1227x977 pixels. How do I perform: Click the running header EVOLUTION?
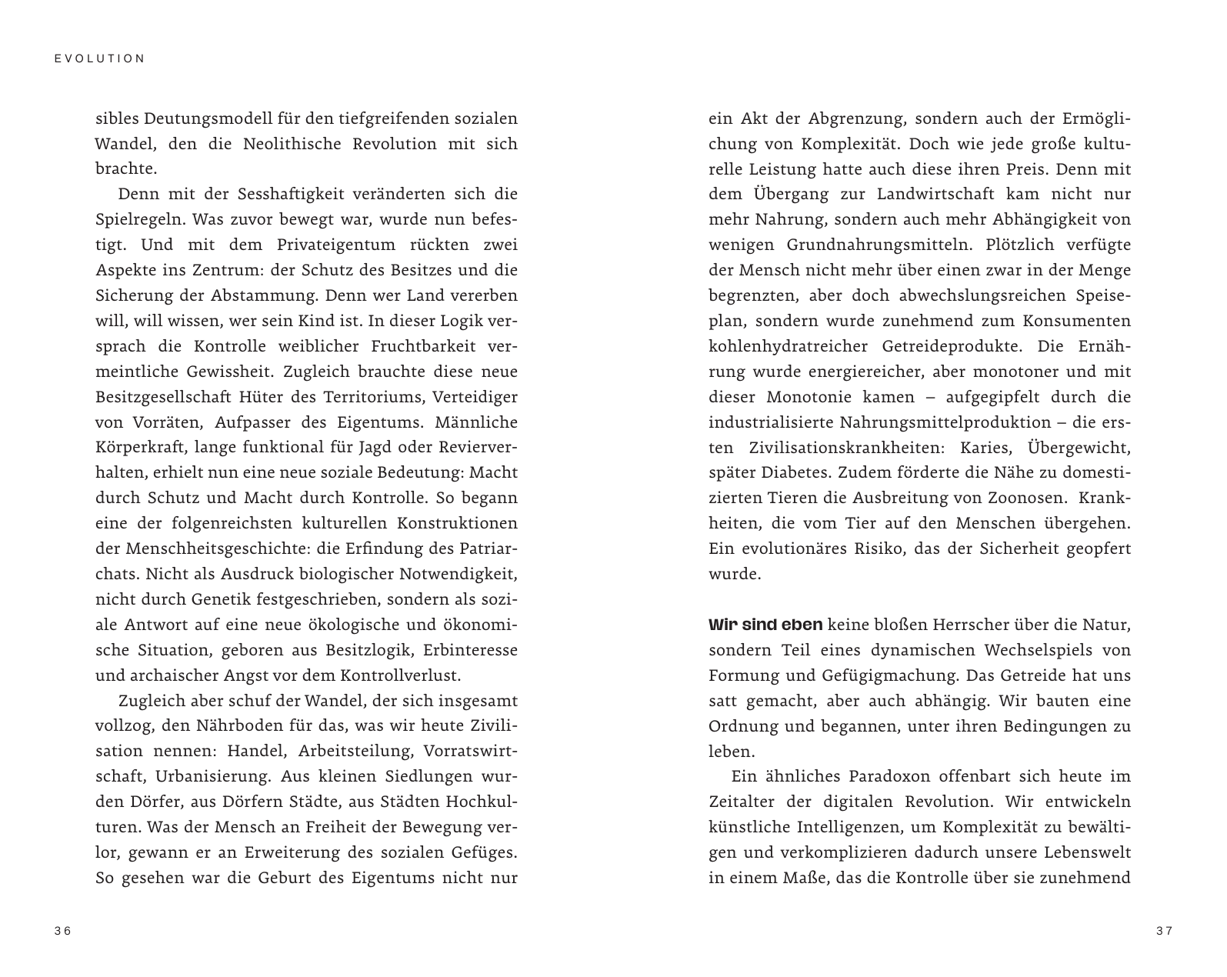point(100,58)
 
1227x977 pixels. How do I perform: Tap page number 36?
point(63,931)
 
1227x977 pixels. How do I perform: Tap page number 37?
point(1164,931)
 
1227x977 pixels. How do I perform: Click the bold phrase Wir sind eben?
point(765,625)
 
